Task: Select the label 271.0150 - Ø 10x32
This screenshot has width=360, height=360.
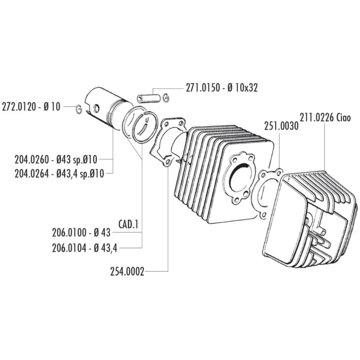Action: tap(222, 88)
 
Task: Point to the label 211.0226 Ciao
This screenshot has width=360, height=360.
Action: tap(325, 118)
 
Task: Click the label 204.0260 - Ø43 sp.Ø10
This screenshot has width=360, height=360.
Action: tap(56, 159)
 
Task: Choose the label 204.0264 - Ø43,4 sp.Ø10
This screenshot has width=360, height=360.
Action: tap(59, 174)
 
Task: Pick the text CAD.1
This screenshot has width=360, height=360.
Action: tap(129, 225)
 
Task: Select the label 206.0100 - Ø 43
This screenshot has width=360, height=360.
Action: tap(81, 233)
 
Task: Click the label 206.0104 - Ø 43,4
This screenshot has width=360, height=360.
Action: tap(85, 248)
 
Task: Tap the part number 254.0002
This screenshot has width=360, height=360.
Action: tap(127, 272)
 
